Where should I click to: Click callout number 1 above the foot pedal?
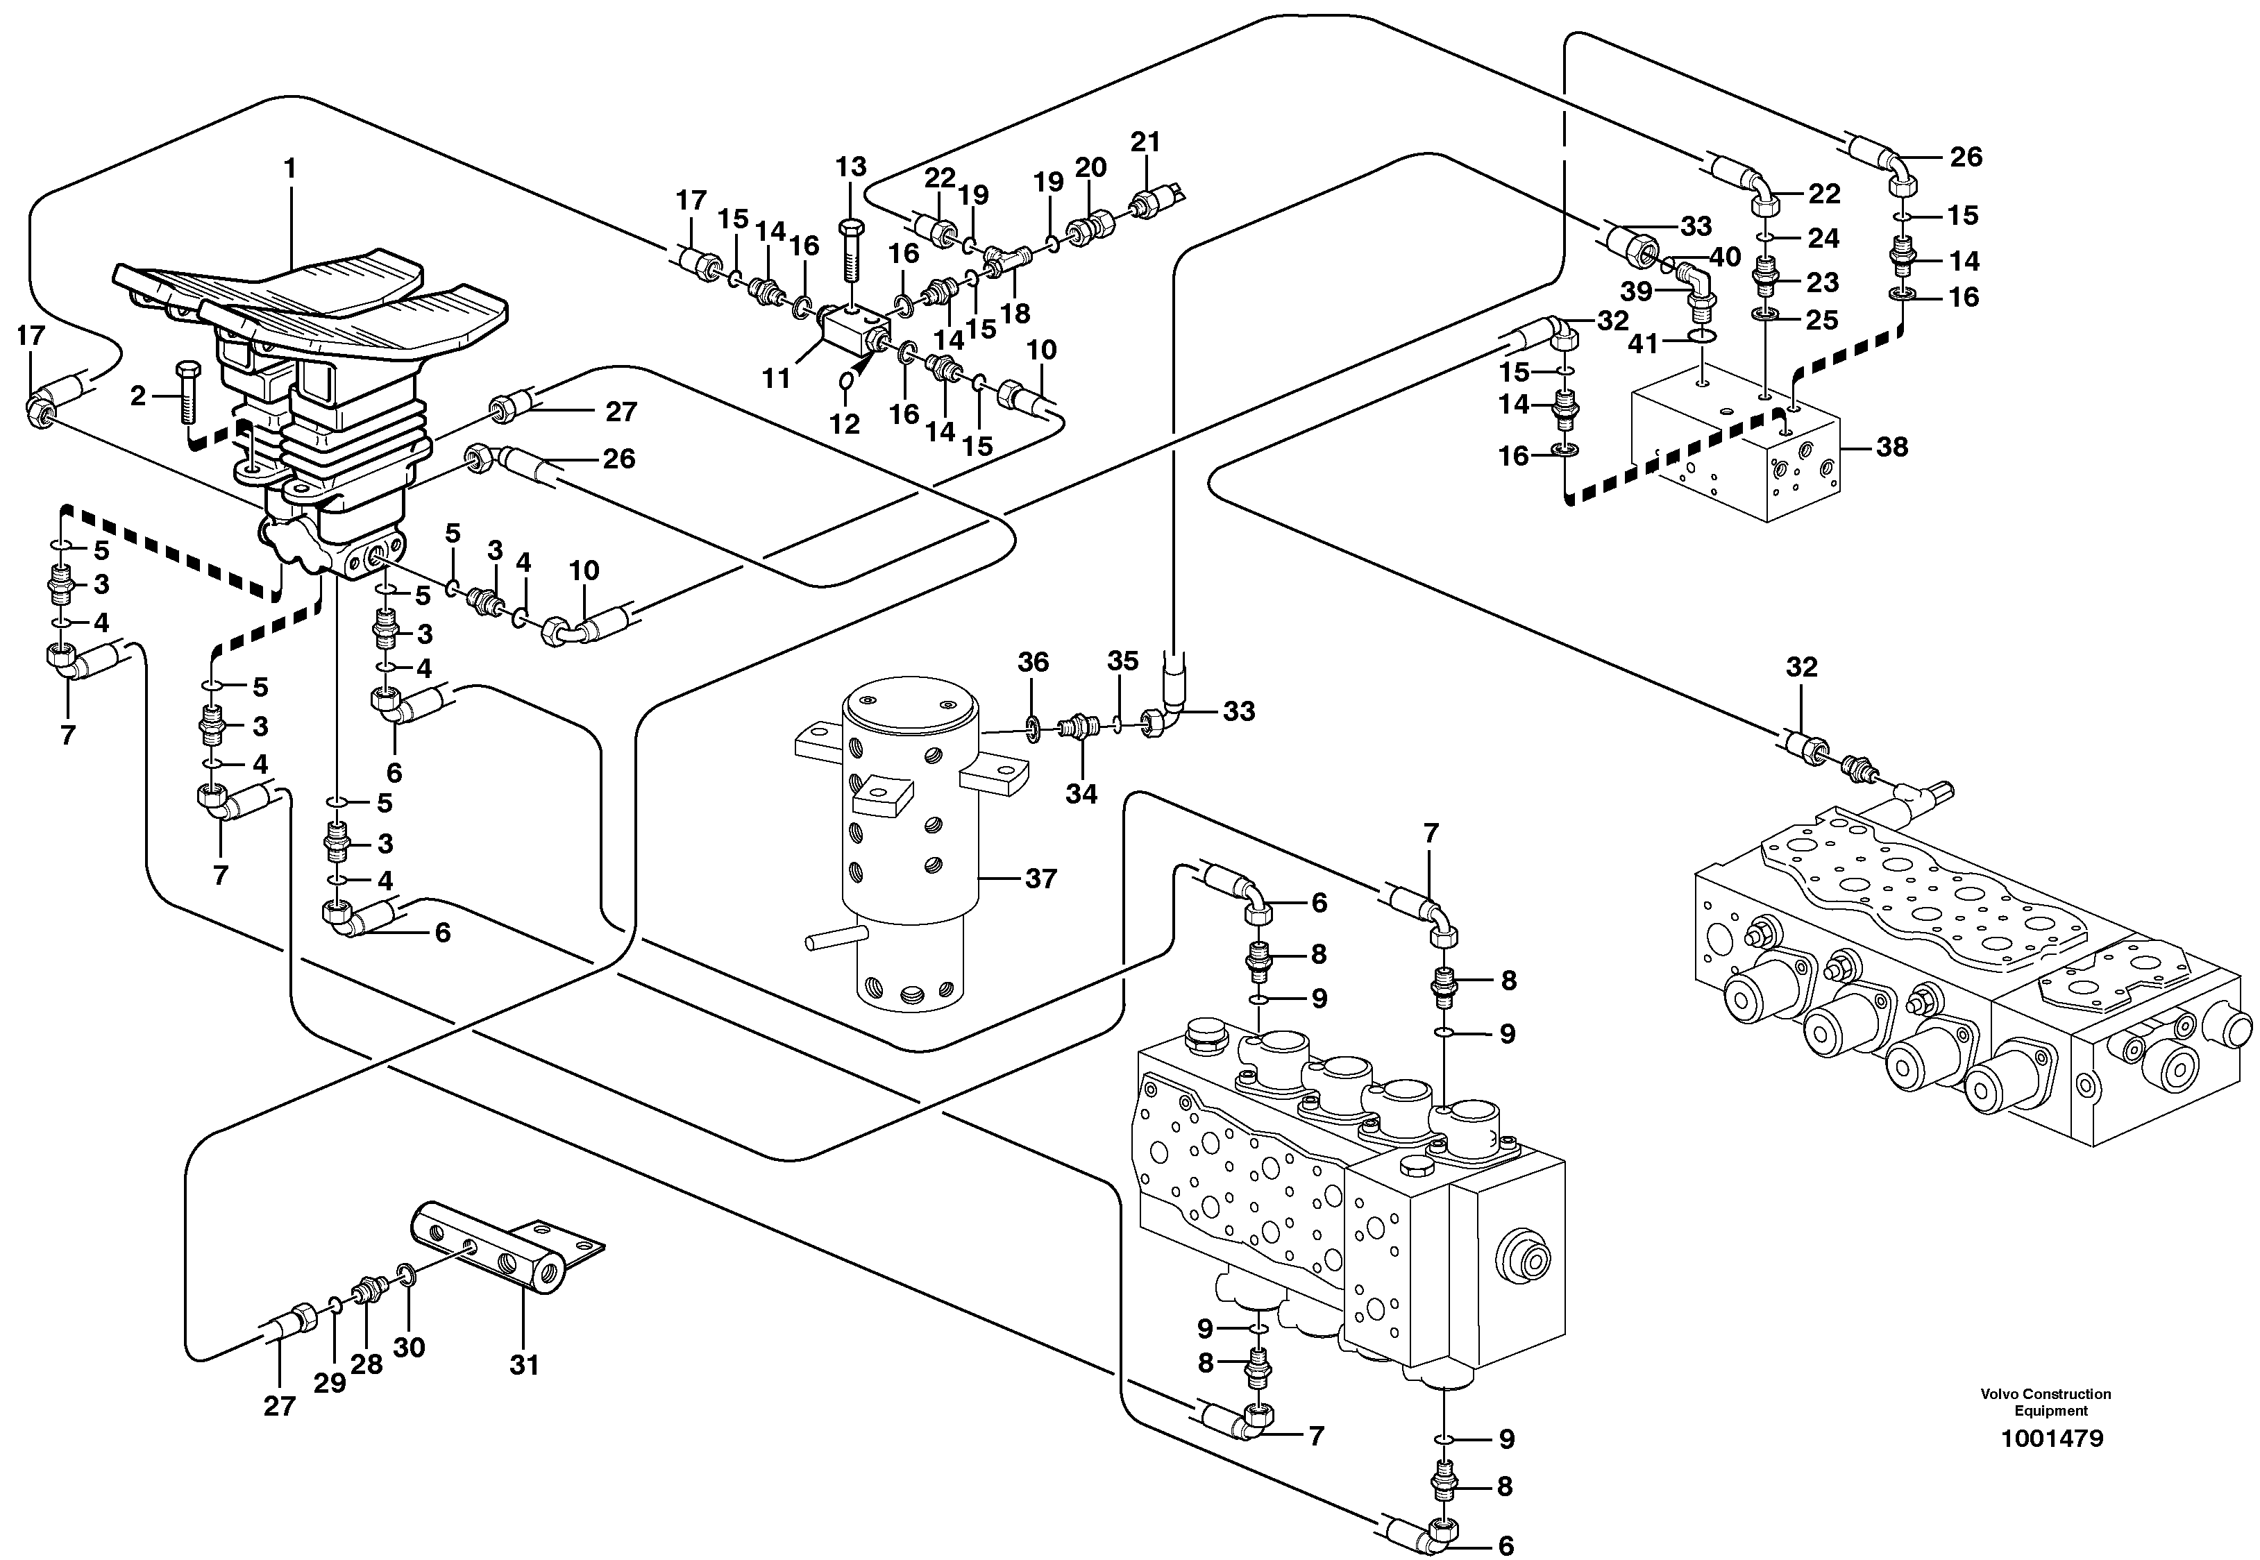(x=289, y=169)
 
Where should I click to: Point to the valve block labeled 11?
(x=850, y=332)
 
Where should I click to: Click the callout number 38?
(x=1892, y=448)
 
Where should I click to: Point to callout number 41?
(x=1643, y=344)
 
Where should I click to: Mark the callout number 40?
(x=1726, y=257)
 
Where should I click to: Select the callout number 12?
(x=845, y=424)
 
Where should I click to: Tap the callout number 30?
(x=409, y=1348)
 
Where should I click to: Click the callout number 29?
(x=330, y=1383)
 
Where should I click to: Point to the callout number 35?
(x=1122, y=662)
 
